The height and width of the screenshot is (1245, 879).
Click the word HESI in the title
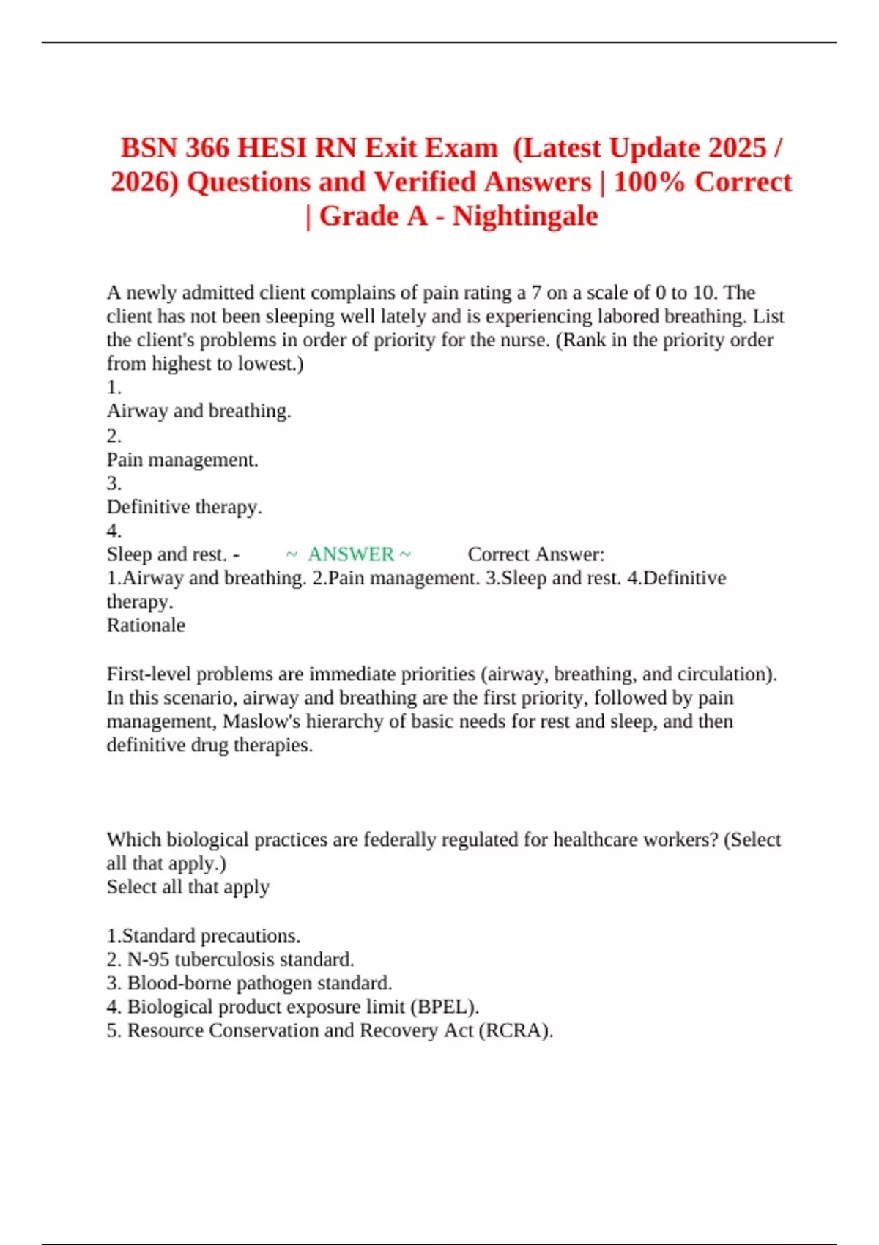coord(273,148)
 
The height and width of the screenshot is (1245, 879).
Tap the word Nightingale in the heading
coord(524,216)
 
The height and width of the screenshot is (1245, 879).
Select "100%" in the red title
coord(649,182)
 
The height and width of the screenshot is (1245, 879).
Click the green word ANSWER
coord(351,554)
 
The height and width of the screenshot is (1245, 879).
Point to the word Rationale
coord(146,625)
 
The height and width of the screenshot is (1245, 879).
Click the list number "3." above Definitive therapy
coord(114,483)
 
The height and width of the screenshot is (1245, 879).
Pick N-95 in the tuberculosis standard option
coord(148,959)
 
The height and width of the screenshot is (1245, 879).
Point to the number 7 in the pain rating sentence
coord(536,293)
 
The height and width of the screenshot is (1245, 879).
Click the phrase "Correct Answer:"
coord(536,554)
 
